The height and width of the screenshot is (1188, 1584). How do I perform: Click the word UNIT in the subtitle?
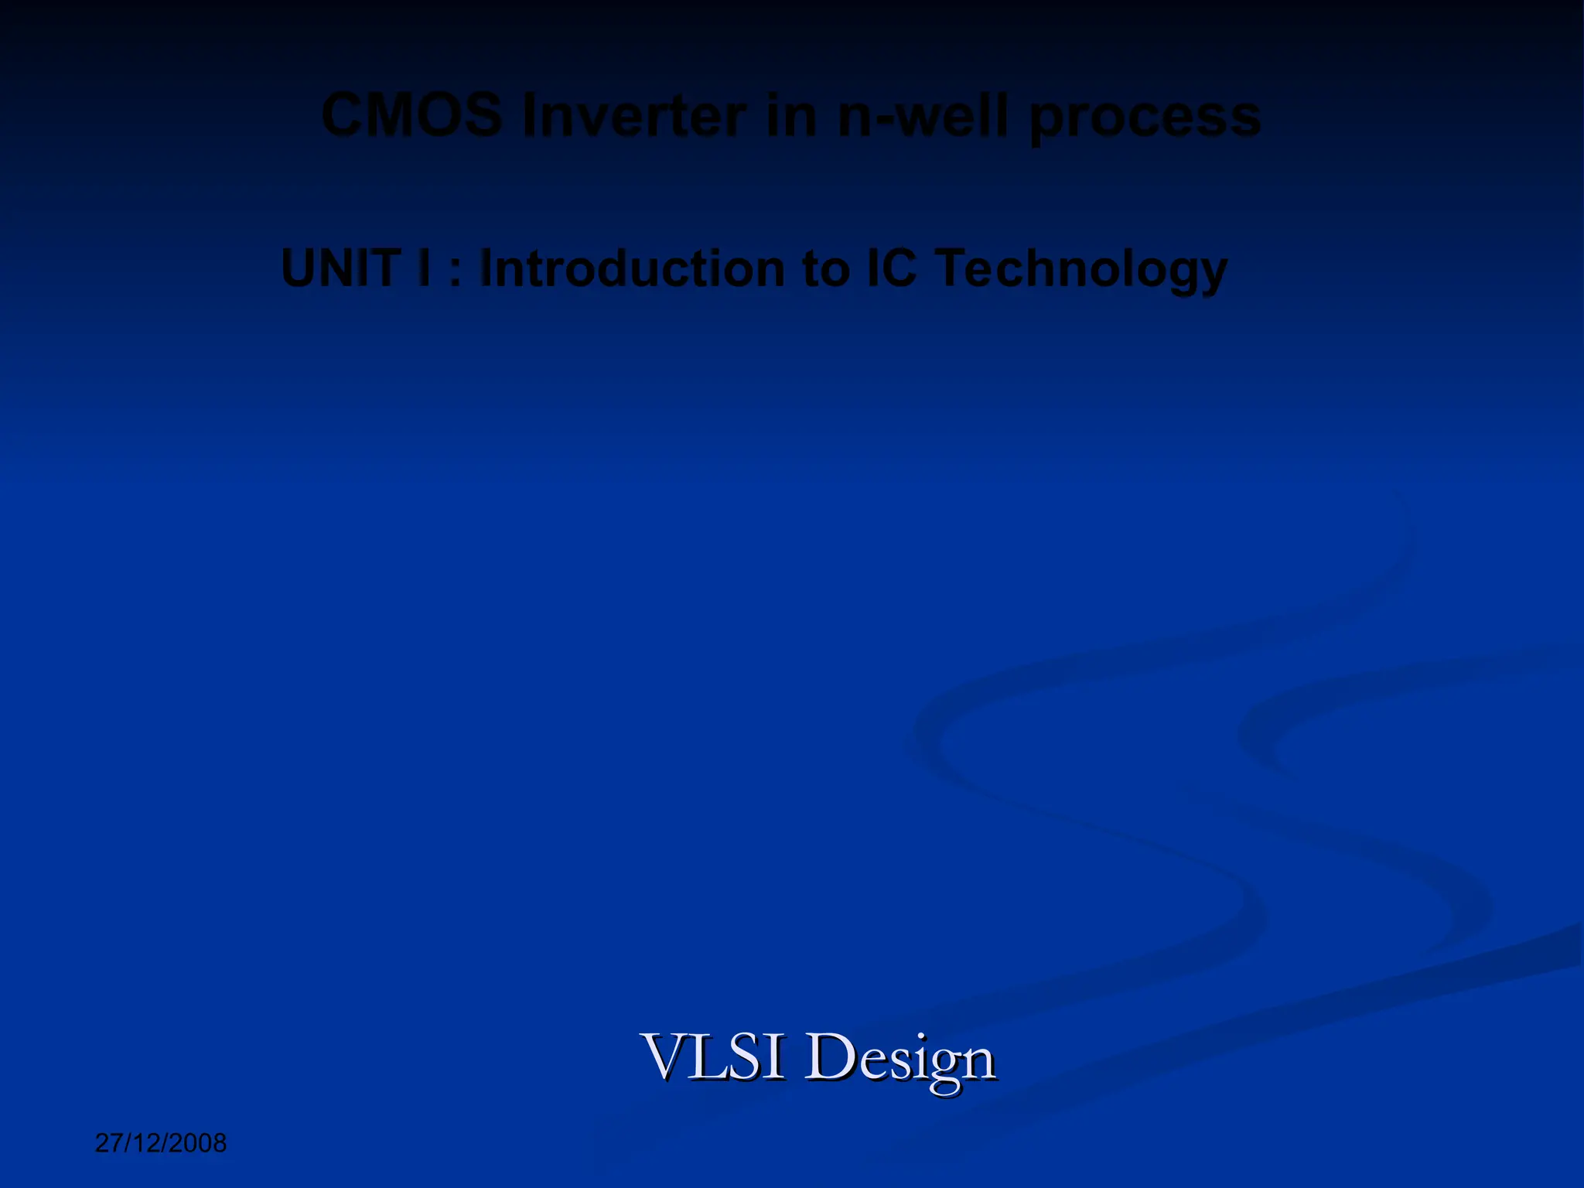[x=340, y=268]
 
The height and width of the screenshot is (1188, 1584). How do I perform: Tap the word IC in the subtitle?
[x=890, y=268]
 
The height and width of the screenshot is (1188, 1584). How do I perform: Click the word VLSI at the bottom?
[x=712, y=1057]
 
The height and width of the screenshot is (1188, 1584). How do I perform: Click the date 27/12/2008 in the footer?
[x=161, y=1143]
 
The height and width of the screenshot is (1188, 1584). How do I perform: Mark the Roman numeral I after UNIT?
[x=423, y=268]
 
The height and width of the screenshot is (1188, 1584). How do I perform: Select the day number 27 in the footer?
[x=107, y=1143]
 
